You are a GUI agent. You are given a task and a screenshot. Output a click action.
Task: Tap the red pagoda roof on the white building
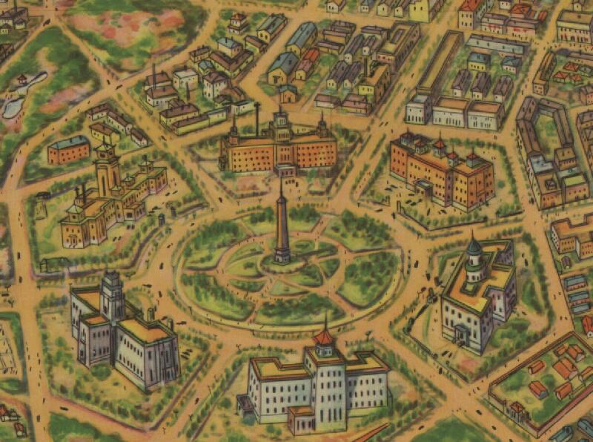[323, 337]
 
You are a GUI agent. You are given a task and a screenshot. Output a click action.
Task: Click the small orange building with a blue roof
[68, 150]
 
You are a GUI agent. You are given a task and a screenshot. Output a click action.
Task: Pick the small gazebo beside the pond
[23, 79]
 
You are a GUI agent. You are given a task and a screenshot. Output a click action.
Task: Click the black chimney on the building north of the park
[256, 119]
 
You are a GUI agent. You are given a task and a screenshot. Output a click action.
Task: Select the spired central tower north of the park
[281, 122]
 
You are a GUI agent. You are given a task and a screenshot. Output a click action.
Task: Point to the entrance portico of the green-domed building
[462, 337]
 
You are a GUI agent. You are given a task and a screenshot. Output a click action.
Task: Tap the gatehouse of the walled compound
[517, 409]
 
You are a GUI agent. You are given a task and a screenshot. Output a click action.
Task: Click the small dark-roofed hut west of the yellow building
[42, 197]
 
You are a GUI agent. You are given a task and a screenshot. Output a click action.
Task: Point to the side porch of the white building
[245, 405]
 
